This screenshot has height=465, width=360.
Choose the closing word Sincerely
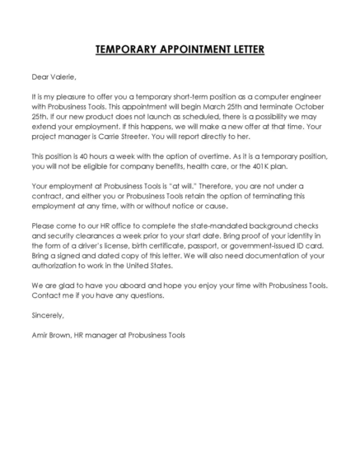click(x=47, y=314)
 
